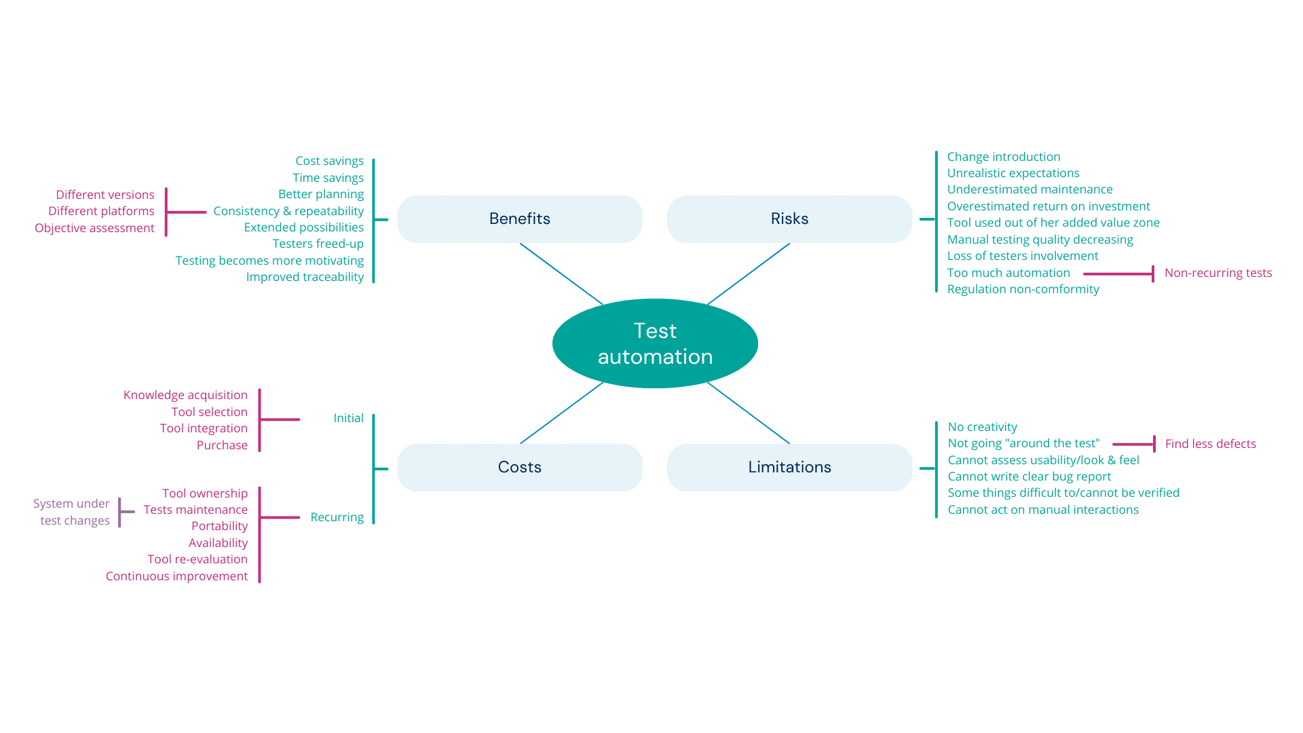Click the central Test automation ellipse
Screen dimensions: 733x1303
point(655,343)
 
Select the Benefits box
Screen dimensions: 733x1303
point(519,219)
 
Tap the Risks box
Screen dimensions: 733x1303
point(789,219)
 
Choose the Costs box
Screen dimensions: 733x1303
point(519,467)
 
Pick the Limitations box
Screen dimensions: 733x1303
point(789,467)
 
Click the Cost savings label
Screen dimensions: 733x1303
point(329,161)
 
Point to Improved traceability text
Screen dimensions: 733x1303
point(305,277)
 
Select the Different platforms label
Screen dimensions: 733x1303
point(101,211)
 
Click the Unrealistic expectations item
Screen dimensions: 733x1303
point(1013,173)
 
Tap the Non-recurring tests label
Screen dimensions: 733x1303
point(1217,273)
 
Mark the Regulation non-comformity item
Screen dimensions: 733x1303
point(1023,289)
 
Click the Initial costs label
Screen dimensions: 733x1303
point(348,418)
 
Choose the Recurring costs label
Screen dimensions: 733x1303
point(337,517)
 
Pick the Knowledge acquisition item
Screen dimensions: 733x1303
point(185,395)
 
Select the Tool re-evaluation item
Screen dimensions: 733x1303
point(197,559)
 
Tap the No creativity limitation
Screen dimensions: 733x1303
point(982,427)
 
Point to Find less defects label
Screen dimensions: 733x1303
point(1210,444)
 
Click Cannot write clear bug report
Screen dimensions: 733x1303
point(1029,476)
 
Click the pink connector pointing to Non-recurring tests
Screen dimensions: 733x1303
point(1118,274)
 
